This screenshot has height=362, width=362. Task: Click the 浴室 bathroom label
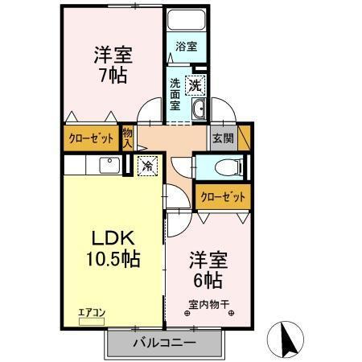pyautogui.click(x=187, y=47)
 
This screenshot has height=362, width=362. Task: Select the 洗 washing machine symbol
pyautogui.click(x=196, y=84)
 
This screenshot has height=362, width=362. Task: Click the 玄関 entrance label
pyautogui.click(x=224, y=138)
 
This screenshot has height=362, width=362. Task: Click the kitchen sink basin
pyautogui.click(x=108, y=165)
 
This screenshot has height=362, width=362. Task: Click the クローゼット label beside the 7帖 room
pyautogui.click(x=91, y=138)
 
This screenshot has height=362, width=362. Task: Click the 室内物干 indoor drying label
pyautogui.click(x=209, y=304)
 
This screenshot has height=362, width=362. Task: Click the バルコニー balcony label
pyautogui.click(x=164, y=343)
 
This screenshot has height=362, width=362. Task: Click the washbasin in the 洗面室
pyautogui.click(x=200, y=110)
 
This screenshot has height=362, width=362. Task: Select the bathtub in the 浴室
pyautogui.click(x=187, y=22)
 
